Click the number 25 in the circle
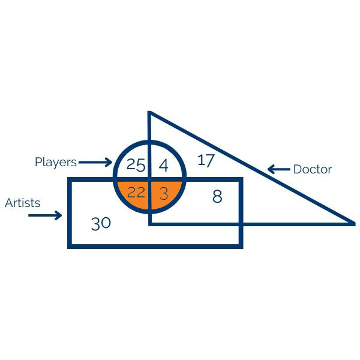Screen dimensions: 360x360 pos(136,164)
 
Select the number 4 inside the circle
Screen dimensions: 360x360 pos(163,164)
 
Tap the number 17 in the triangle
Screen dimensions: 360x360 pos(206,160)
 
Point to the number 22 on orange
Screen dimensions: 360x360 pos(136,193)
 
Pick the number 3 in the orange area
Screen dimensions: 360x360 pos(164,193)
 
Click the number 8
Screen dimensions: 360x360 pos(217,196)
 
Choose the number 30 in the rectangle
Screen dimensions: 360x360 pos(101,224)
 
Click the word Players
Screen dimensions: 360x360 pos(56,162)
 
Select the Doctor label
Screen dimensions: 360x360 pos(312,170)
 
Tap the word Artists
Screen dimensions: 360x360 pos(23,203)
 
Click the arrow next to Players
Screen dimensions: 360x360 pos(95,162)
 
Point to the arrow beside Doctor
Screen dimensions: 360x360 pos(278,170)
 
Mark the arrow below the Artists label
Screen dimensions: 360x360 pos(46,215)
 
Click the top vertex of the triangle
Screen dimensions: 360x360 pos(149,113)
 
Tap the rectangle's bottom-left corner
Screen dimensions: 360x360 pos(70,245)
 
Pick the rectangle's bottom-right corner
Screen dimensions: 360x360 pos(241,245)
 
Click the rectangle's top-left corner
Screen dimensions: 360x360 pos(70,179)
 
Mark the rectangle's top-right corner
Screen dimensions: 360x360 pos(241,179)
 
